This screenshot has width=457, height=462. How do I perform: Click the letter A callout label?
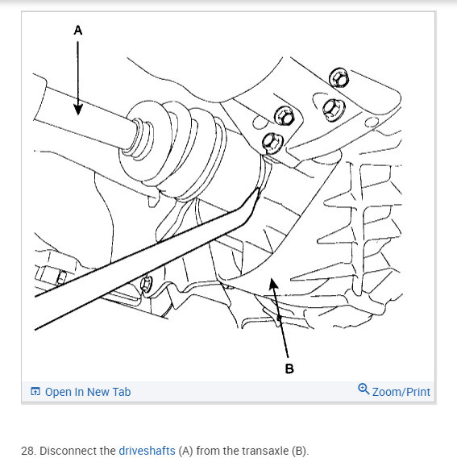pyautogui.click(x=78, y=30)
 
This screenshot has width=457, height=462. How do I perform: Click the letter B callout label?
pyautogui.click(x=289, y=368)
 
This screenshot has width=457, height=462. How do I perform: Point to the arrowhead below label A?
pyautogui.click(x=77, y=110)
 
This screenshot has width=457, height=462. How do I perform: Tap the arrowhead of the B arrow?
pyautogui.click(x=273, y=283)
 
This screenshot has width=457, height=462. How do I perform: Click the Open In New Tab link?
pyautogui.click(x=88, y=392)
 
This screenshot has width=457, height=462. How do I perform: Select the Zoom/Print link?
pyautogui.click(x=401, y=392)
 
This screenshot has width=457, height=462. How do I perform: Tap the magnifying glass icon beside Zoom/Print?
pyautogui.click(x=364, y=389)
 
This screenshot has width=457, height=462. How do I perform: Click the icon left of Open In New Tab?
pyautogui.click(x=35, y=391)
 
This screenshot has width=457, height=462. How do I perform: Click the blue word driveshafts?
pyautogui.click(x=147, y=451)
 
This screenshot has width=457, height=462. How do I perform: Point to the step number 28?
pyautogui.click(x=27, y=451)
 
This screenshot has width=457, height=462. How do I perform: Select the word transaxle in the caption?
pyautogui.click(x=256, y=451)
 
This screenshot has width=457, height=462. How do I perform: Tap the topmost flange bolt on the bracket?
pyautogui.click(x=339, y=77)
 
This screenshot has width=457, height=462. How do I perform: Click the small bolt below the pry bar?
pyautogui.click(x=146, y=284)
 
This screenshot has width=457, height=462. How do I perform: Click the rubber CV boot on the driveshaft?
pyautogui.click(x=174, y=150)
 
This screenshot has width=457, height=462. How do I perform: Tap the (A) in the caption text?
pyautogui.click(x=185, y=451)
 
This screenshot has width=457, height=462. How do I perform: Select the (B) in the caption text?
pyautogui.click(x=299, y=451)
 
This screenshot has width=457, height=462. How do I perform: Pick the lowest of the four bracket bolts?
pyautogui.click(x=272, y=144)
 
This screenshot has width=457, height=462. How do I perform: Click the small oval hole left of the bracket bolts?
pyautogui.click(x=259, y=123)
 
